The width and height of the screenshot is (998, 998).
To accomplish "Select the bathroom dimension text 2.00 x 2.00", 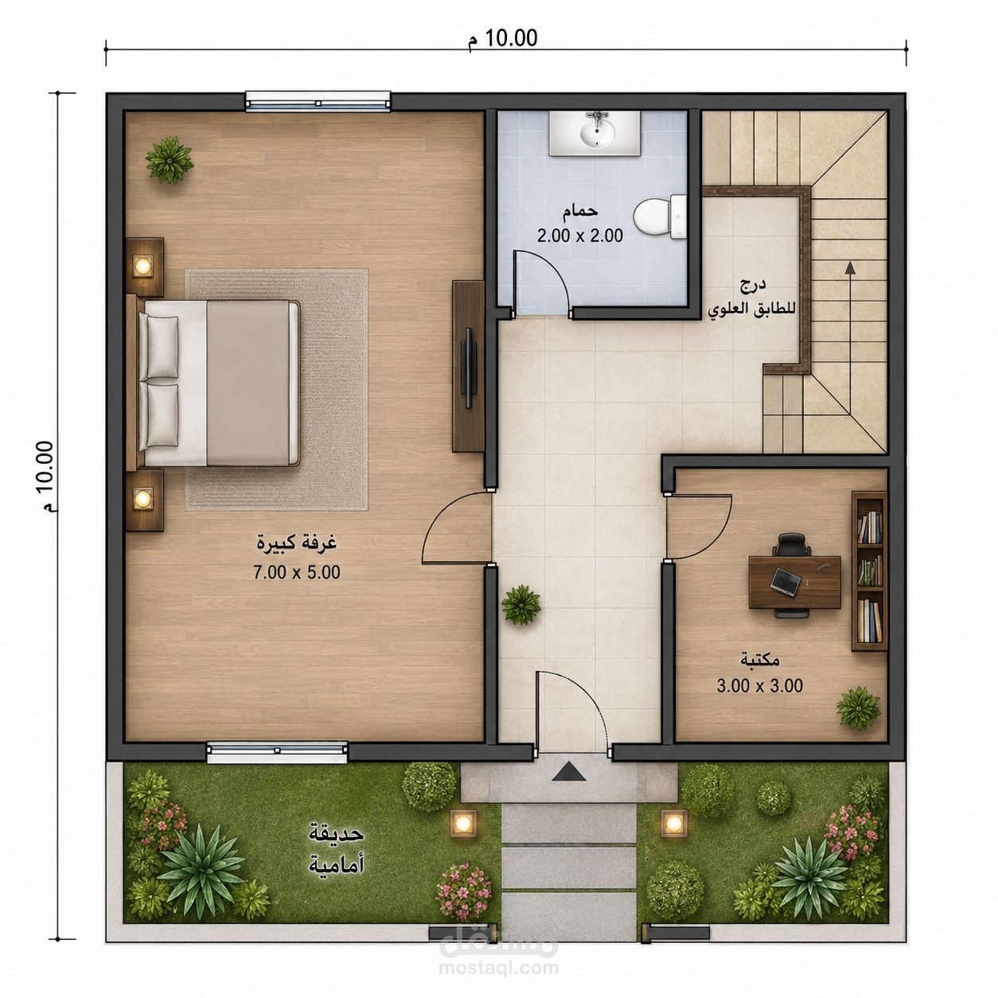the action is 579,236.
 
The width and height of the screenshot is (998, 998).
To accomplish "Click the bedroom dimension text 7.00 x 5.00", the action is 296,571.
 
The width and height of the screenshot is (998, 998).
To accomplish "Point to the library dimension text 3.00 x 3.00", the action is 759,685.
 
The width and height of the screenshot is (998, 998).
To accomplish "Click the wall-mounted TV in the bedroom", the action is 470,367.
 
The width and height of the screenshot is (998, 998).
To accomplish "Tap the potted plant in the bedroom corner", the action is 170,159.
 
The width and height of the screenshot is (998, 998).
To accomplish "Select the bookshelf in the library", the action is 869,571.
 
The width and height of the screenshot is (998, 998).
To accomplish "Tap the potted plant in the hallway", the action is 521,604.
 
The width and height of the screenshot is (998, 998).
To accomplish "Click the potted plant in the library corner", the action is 858,708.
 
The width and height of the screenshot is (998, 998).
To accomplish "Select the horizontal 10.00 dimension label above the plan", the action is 504,38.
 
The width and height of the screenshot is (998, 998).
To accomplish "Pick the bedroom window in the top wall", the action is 318,102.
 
